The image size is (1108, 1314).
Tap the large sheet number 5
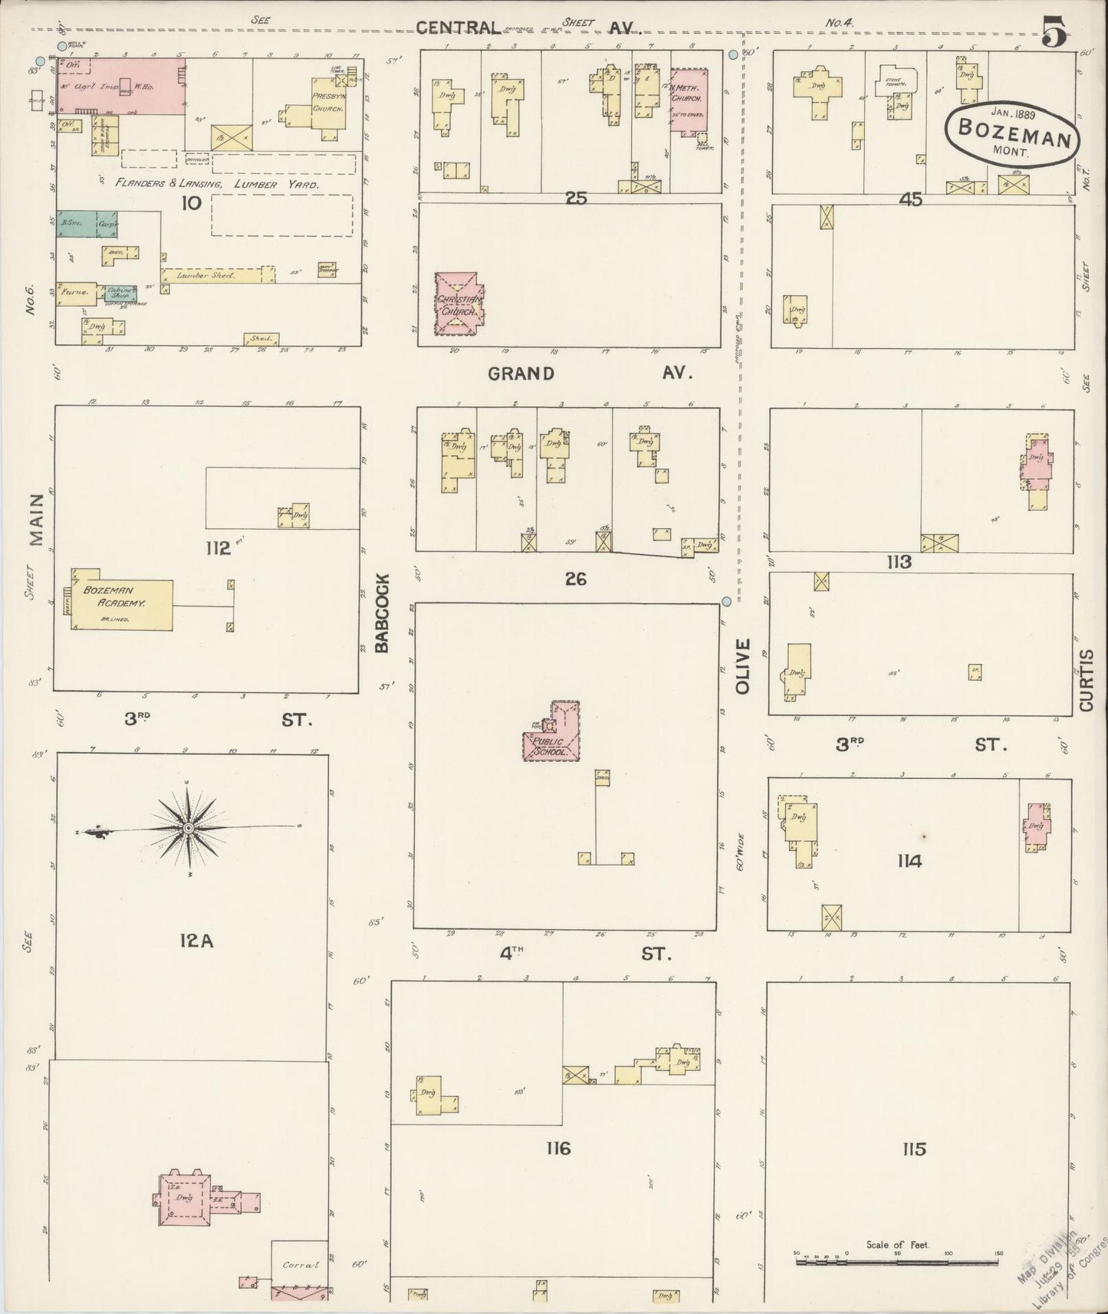(1055, 33)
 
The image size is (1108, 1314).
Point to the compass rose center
(188, 829)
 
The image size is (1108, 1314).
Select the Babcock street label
(383, 613)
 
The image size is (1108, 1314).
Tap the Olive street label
(741, 666)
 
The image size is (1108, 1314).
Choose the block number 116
(558, 1148)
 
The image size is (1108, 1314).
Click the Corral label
(299, 1265)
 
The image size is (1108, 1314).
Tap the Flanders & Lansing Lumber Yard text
(217, 184)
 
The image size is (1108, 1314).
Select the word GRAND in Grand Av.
(521, 373)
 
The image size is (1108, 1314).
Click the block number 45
(910, 199)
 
